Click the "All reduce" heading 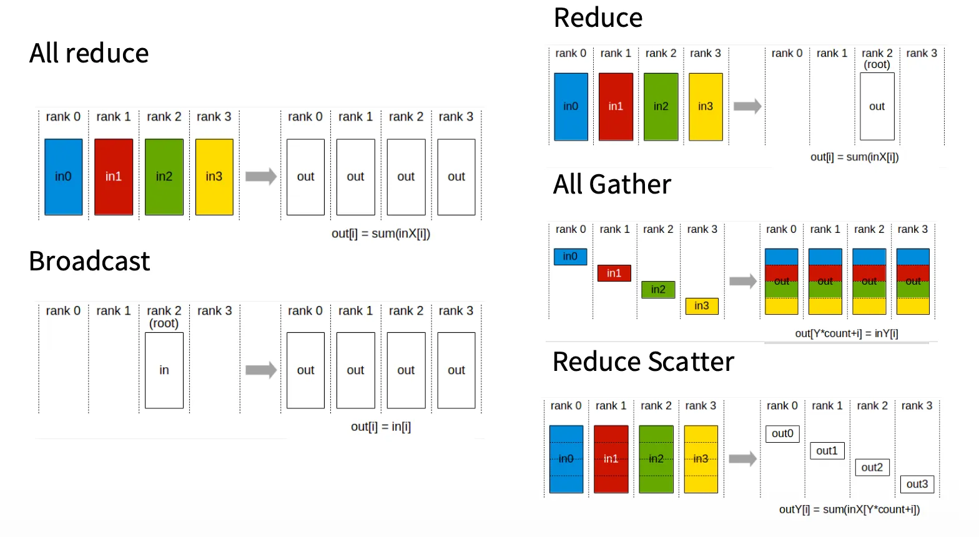(89, 54)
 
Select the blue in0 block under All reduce (63, 177)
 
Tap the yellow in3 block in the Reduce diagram (706, 107)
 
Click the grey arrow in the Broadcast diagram (261, 370)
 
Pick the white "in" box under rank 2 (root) (164, 370)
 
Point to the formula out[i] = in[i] (381, 427)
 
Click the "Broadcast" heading (89, 261)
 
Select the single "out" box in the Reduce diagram (877, 107)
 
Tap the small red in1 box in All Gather (614, 273)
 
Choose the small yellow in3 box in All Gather (702, 306)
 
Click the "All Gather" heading (612, 185)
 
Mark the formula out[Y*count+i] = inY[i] (846, 333)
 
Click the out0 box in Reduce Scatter (782, 433)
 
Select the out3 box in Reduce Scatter (917, 484)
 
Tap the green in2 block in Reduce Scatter (656, 459)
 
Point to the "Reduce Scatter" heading (643, 362)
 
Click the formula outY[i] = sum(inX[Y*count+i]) (849, 510)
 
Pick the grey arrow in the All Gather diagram (743, 281)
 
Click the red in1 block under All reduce (114, 177)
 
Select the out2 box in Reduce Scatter (872, 467)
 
